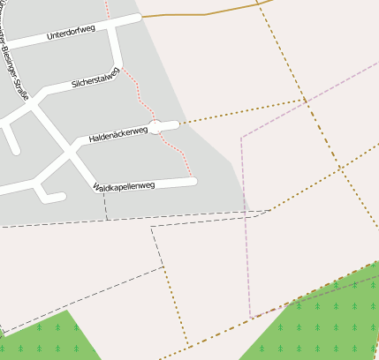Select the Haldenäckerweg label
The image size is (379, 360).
click(x=117, y=133)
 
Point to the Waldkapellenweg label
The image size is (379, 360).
click(x=124, y=186)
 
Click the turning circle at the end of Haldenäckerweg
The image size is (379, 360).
click(x=156, y=127)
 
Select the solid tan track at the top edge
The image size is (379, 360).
click(x=203, y=14)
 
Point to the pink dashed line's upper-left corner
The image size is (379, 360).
click(x=241, y=138)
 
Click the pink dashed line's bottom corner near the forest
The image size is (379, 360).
click(x=251, y=316)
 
